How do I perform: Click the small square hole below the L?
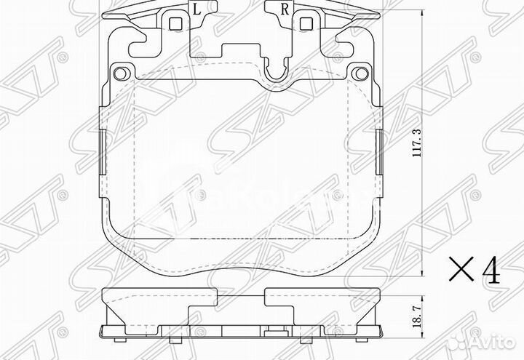point(175,23)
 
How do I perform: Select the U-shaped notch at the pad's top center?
point(275,72)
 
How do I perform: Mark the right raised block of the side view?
point(322,296)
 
